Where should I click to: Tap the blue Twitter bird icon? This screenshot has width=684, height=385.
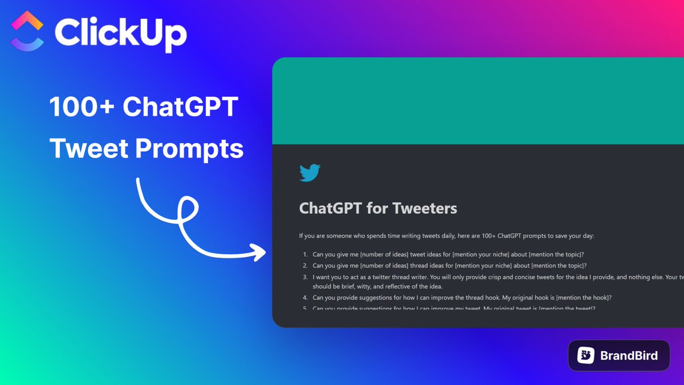310,173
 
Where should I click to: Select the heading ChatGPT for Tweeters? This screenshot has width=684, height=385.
377,208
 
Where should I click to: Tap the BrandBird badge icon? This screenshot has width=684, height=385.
585,356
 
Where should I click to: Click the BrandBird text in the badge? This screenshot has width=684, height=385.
629,356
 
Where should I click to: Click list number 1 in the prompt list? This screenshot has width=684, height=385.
305,254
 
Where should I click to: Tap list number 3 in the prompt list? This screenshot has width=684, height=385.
305,277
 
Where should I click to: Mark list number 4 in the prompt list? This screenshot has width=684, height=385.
305,298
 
